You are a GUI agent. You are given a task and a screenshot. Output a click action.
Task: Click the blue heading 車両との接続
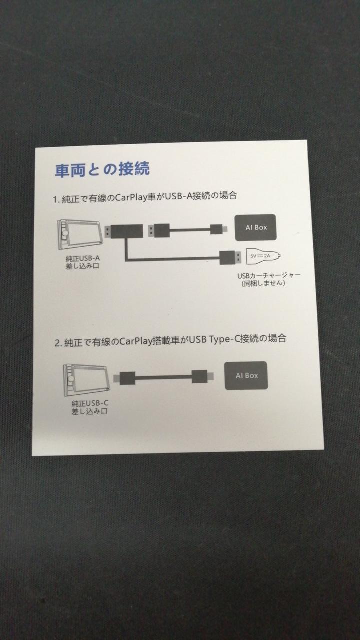[x=102, y=169]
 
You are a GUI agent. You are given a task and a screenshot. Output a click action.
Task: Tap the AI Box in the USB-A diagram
[x=256, y=227]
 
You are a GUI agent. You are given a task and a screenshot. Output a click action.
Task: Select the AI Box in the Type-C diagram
[x=246, y=375]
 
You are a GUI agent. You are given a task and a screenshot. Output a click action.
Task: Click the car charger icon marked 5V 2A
[x=263, y=256]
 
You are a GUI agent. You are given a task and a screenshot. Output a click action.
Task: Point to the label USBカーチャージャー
[x=269, y=275]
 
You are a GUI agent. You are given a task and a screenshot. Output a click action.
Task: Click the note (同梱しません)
[x=263, y=283]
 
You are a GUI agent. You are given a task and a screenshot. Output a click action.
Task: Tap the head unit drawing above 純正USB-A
[x=80, y=234]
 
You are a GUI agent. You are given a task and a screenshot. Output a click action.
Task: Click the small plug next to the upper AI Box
[x=219, y=229]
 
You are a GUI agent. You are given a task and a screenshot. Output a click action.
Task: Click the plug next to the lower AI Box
[x=202, y=376]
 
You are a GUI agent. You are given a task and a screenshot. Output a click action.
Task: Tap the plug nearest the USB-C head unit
[x=124, y=378]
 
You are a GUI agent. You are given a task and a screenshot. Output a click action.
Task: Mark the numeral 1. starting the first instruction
[x=56, y=199]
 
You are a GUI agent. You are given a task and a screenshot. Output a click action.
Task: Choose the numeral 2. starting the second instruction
[x=58, y=343]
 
